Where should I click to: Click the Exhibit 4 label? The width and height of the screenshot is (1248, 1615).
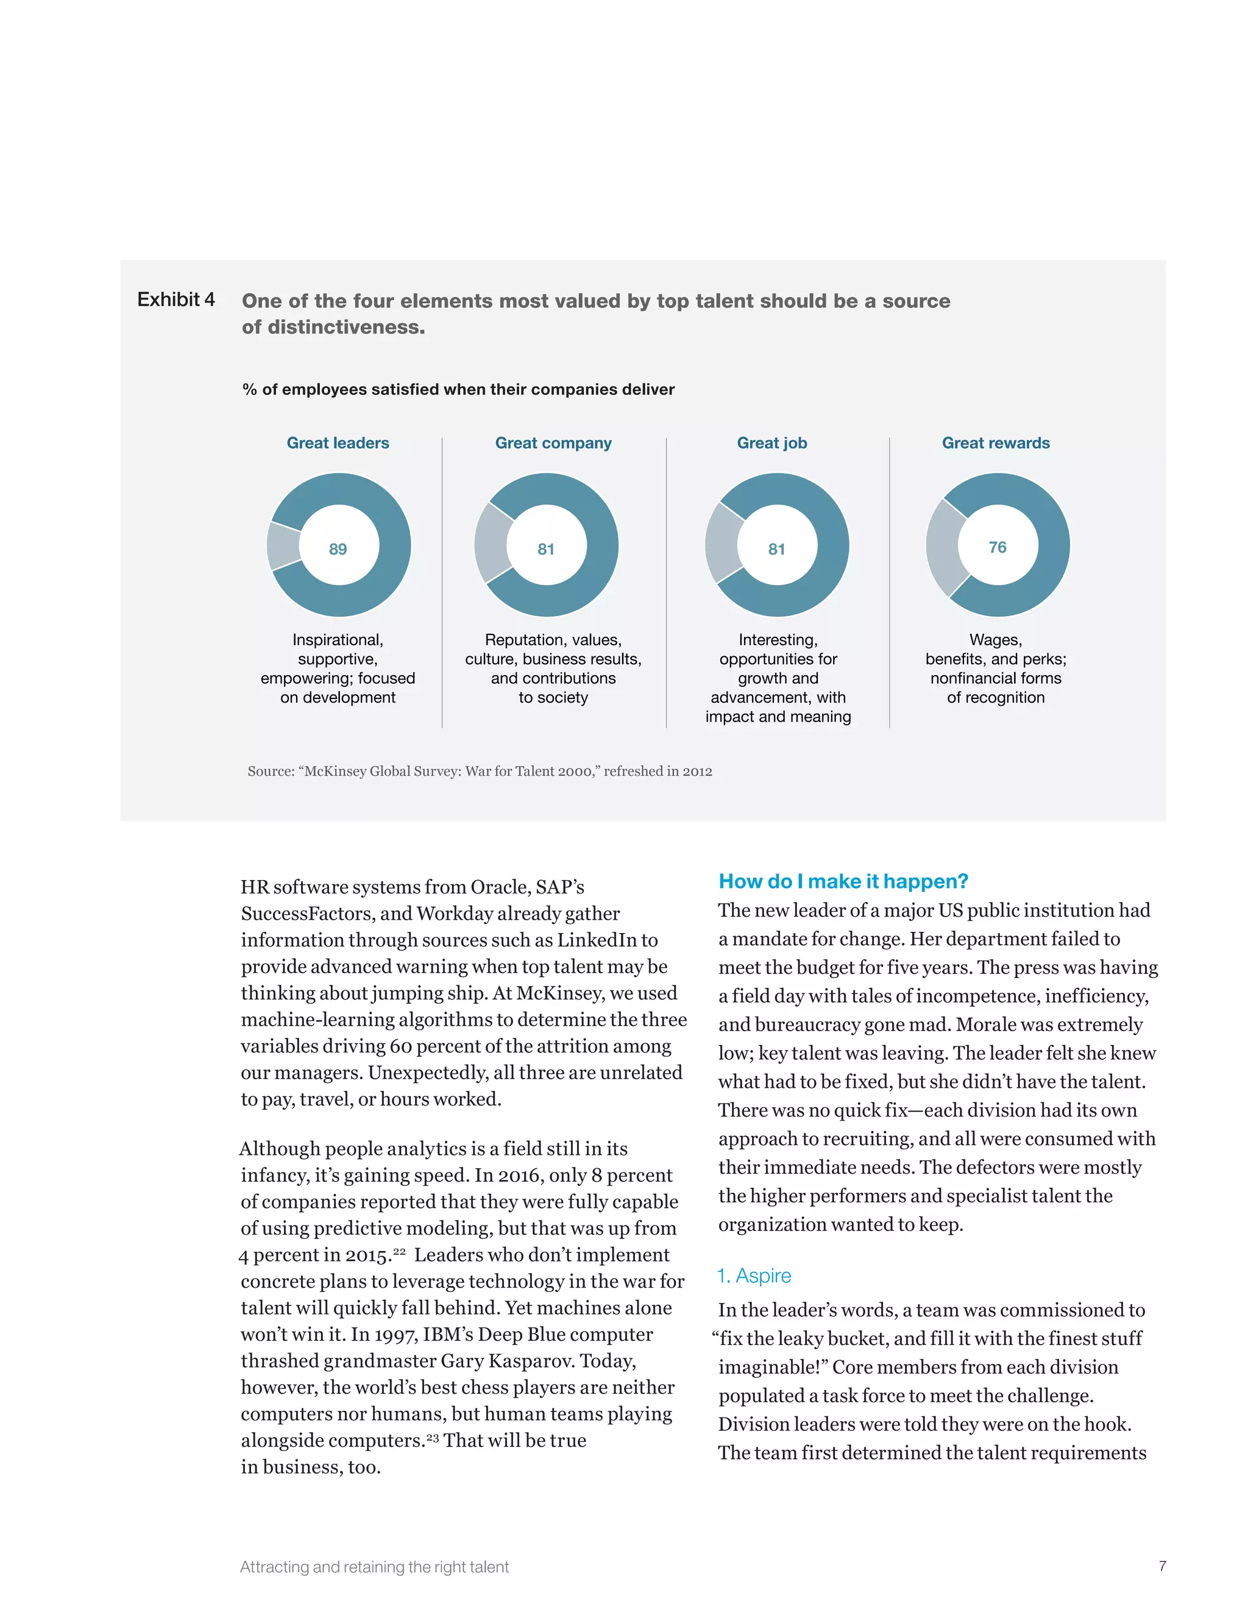[x=176, y=299]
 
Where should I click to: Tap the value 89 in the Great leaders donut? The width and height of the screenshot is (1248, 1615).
[x=338, y=548]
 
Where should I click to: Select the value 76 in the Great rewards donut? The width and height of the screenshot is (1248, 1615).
[x=998, y=547]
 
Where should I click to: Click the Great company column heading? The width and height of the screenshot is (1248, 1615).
[x=553, y=443]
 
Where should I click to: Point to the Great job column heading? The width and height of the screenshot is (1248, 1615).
[x=772, y=443]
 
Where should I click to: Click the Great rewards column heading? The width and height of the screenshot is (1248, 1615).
[x=995, y=443]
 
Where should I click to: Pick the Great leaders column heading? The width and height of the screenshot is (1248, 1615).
[x=338, y=443]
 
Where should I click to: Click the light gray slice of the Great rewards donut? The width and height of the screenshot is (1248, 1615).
[x=944, y=547]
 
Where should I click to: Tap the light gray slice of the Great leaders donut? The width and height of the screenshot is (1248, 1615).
[x=282, y=545]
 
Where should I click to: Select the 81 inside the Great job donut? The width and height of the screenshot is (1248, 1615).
[x=776, y=548]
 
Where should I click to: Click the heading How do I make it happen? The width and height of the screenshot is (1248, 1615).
[x=843, y=881]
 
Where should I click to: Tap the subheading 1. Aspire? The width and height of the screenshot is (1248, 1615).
[x=754, y=1276]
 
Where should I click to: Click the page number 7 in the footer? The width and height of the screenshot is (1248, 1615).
[x=1162, y=1566]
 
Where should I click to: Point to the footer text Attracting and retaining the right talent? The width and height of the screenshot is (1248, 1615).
[x=374, y=1567]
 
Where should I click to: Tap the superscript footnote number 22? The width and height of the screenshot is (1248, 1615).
[x=399, y=1251]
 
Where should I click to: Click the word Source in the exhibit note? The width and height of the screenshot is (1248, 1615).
[x=270, y=772]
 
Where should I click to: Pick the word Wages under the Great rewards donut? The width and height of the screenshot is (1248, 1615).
[x=995, y=640]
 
